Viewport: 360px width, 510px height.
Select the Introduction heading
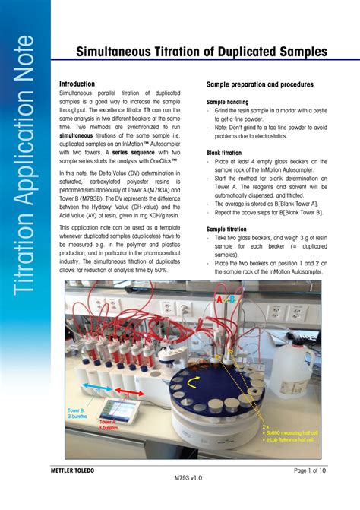point(77,84)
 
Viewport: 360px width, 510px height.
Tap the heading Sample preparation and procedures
point(261,84)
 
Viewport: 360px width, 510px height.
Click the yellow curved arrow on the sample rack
point(200,379)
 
